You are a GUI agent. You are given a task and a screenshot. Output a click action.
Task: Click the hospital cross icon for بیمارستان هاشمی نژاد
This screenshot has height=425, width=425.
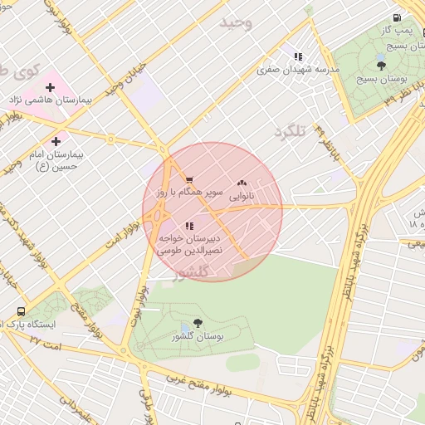coord(49,86)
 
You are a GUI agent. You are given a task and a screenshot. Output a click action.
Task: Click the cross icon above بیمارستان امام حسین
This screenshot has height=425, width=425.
coord(56,141)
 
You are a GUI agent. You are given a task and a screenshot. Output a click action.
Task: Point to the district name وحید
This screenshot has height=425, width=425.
coord(235,22)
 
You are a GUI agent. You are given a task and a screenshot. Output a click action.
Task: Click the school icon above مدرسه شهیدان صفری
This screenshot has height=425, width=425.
coord(297,57)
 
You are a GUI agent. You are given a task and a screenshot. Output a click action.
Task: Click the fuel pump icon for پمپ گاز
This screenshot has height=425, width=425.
coord(398,17)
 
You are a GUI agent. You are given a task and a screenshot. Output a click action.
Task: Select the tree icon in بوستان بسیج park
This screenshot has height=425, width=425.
coord(381,65)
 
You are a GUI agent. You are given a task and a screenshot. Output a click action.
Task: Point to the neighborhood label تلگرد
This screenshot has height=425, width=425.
coord(290,131)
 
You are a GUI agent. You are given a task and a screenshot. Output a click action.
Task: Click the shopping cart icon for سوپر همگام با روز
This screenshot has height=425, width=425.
coord(189,179)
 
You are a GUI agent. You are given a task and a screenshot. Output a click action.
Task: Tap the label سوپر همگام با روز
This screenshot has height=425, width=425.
coord(190,192)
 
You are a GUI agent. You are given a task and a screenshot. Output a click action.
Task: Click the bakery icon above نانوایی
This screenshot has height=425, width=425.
coord(242,183)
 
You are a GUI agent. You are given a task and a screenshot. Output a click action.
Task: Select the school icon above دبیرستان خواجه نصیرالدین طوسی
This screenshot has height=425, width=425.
coord(189,225)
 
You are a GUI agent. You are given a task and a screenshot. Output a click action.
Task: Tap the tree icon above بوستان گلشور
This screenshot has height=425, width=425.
coord(197,323)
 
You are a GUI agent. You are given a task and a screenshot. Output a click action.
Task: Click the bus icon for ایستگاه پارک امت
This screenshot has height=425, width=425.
coord(21,311)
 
